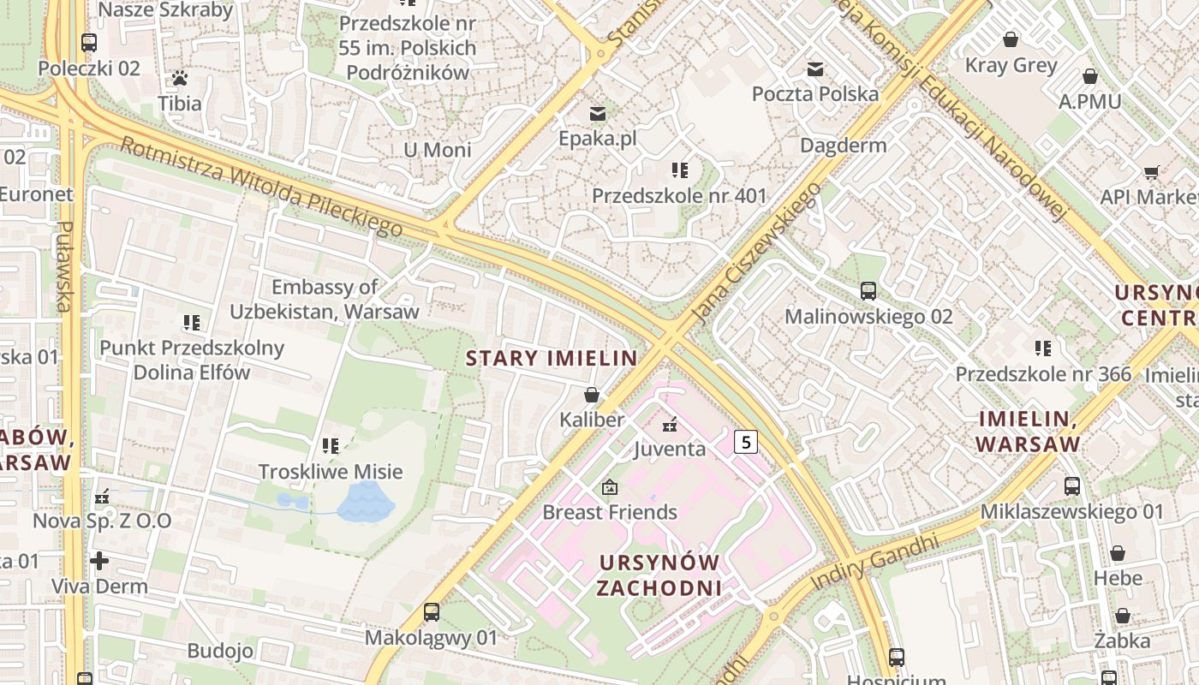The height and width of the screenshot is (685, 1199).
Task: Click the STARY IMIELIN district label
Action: (x=552, y=358)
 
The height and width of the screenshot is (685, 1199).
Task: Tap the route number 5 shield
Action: (x=746, y=442)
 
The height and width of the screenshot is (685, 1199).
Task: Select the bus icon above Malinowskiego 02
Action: (x=868, y=291)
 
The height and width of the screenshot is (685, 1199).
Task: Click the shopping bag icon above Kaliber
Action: (x=591, y=395)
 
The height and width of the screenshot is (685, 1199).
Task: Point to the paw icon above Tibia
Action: (x=179, y=78)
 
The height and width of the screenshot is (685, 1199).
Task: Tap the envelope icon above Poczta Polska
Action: (x=815, y=68)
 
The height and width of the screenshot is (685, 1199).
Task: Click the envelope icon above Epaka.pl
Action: (x=597, y=113)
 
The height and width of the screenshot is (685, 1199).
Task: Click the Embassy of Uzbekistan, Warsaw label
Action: (x=324, y=299)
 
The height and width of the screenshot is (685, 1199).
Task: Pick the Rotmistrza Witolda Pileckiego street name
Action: (x=261, y=187)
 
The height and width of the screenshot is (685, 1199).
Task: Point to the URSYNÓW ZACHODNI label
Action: (x=659, y=575)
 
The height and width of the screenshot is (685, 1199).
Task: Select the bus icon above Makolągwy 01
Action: (x=432, y=612)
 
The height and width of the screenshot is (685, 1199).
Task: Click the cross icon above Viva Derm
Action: (x=99, y=561)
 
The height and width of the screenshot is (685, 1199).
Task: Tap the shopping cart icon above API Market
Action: (x=1152, y=172)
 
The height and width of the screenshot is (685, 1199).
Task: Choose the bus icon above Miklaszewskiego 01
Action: (x=1071, y=486)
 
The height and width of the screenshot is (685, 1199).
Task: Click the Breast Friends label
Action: (x=610, y=512)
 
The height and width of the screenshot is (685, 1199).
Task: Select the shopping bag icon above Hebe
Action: (x=1118, y=553)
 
